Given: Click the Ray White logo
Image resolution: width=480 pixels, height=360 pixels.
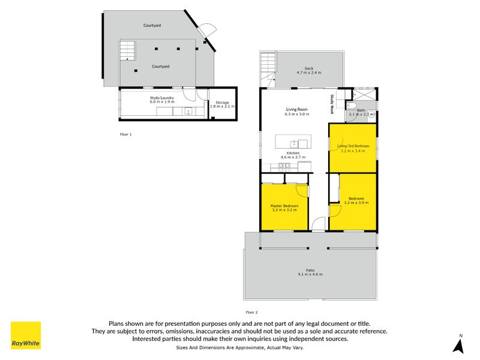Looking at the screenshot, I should pyautogui.click(x=26, y=335).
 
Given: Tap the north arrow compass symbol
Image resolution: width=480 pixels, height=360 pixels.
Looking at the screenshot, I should pyautogui.click(x=459, y=344).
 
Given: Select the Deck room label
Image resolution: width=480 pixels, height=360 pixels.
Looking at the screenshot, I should pyautogui.click(x=309, y=68).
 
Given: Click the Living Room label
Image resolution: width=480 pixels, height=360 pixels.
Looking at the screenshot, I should pyautogui.click(x=296, y=109).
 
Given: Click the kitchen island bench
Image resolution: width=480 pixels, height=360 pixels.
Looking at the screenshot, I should pyautogui.click(x=294, y=143).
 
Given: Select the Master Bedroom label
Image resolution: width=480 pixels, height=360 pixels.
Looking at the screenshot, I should pyautogui.click(x=283, y=206).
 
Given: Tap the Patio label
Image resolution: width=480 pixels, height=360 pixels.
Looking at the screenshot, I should pyautogui.click(x=310, y=271).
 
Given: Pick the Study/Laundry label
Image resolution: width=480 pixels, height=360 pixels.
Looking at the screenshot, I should pyautogui.click(x=162, y=97).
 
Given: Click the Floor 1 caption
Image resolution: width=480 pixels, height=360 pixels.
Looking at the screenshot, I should pyautogui.click(x=125, y=134).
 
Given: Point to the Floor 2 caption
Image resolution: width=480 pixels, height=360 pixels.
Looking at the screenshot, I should pyautogui.click(x=251, y=312).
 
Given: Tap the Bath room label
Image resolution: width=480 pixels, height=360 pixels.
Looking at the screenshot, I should pyautogui.click(x=361, y=110).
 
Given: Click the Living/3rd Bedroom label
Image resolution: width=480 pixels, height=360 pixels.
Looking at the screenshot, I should pyautogui.click(x=353, y=146).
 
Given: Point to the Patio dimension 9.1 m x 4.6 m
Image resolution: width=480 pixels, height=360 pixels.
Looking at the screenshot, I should pyautogui.click(x=310, y=275).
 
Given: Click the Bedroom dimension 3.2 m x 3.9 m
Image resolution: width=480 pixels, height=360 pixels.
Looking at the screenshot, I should pyautogui.click(x=356, y=202).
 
